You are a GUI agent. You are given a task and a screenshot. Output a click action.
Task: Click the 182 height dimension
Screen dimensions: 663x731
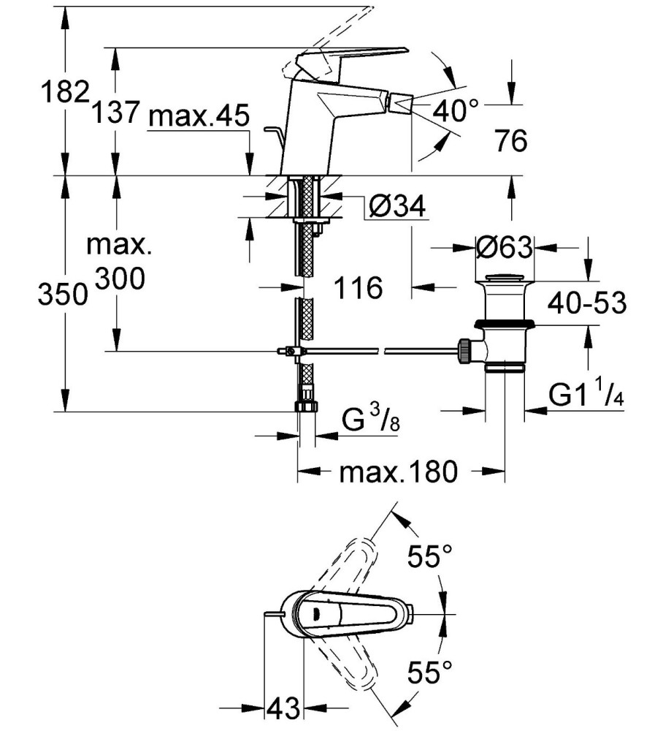click(x=65, y=91)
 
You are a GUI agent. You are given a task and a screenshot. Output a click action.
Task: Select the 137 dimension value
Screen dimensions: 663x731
click(x=115, y=113)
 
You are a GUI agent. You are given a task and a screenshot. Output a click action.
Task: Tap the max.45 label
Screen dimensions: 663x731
click(x=199, y=115)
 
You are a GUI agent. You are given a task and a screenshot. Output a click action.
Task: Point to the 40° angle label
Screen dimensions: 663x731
click(x=456, y=110)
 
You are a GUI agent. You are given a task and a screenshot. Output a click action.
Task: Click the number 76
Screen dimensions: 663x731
click(x=511, y=140)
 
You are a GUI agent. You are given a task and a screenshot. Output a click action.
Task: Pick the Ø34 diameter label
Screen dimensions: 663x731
click(x=397, y=205)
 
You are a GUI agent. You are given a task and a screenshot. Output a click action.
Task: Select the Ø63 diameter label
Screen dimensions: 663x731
click(x=505, y=246)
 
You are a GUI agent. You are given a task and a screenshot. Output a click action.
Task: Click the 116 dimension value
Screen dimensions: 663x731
click(x=359, y=287)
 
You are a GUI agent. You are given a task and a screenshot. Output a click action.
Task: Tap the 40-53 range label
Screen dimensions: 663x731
click(x=587, y=303)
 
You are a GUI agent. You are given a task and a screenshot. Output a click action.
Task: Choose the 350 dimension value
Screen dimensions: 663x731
click(x=63, y=295)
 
